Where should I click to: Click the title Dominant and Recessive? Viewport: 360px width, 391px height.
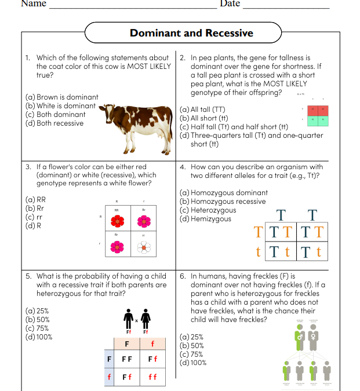[x=191, y=33]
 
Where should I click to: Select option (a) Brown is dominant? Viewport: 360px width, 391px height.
[x=62, y=97]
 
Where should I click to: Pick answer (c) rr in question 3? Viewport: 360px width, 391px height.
[x=34, y=217]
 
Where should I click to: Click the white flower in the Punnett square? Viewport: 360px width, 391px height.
[x=144, y=247]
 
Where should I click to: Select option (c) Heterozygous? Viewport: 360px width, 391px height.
[x=208, y=210]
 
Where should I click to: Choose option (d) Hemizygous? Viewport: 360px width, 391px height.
[x=206, y=219]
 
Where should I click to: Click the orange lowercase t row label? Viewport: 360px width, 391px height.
[x=258, y=252]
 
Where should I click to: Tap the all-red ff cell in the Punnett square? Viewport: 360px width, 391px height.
[x=152, y=377]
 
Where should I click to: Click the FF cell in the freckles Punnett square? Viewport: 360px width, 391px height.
[x=126, y=359]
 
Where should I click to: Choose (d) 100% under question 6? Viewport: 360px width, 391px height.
[x=193, y=363]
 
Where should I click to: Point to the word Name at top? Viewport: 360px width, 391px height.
[x=34, y=4]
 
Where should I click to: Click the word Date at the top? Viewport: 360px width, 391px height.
[x=230, y=4]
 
